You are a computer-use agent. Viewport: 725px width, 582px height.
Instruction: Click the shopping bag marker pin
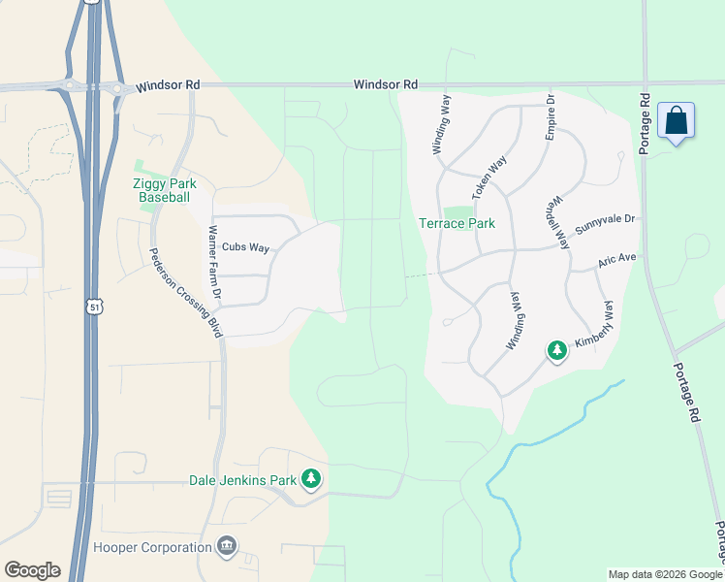pos(676,122)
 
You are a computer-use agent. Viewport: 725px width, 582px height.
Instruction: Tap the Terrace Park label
pos(457,223)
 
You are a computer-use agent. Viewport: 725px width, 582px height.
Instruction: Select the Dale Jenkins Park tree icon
pos(311,478)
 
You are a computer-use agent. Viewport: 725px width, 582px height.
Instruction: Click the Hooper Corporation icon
pos(226,546)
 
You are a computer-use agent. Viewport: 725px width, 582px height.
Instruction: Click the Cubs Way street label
pos(245,247)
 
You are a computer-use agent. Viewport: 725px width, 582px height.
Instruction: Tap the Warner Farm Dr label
pos(214,262)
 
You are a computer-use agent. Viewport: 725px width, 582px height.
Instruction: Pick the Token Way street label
pos(489,178)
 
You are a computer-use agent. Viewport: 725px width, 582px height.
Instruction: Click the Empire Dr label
pos(550,119)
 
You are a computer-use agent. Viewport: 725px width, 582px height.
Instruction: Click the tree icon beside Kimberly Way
pos(556,349)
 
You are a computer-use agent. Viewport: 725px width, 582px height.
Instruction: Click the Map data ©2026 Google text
pos(664,574)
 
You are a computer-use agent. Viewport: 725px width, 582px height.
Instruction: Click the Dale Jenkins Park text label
pos(242,479)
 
